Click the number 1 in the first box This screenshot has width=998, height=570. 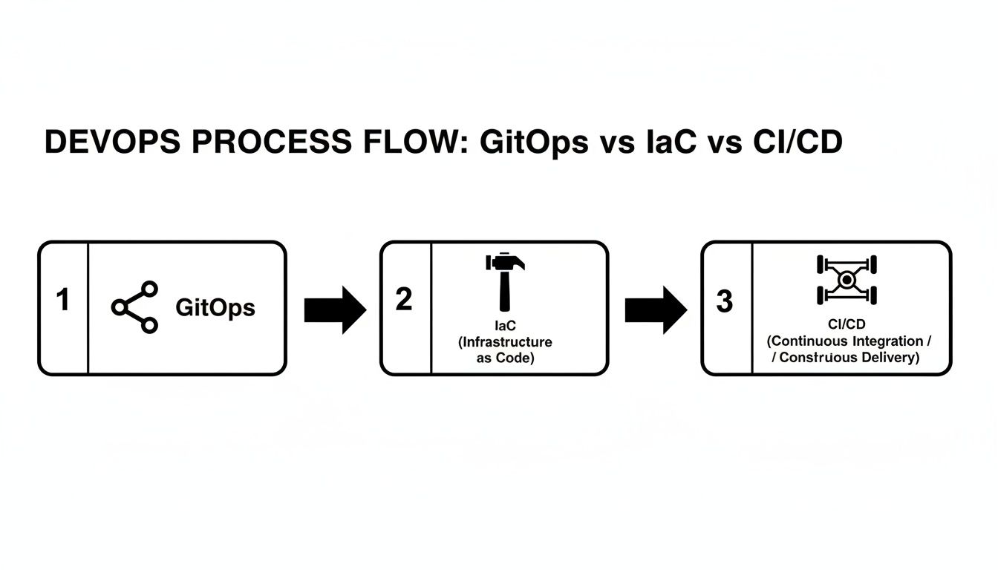(x=63, y=301)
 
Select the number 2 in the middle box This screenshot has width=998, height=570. (x=404, y=299)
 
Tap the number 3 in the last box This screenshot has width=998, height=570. (x=725, y=301)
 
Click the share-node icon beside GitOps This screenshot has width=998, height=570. (x=135, y=307)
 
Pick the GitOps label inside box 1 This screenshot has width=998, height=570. (x=215, y=307)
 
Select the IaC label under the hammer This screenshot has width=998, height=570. (x=505, y=326)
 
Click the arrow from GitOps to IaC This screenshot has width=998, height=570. (x=335, y=309)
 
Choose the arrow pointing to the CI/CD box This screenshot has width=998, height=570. (x=656, y=309)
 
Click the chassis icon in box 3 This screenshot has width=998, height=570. (x=847, y=280)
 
